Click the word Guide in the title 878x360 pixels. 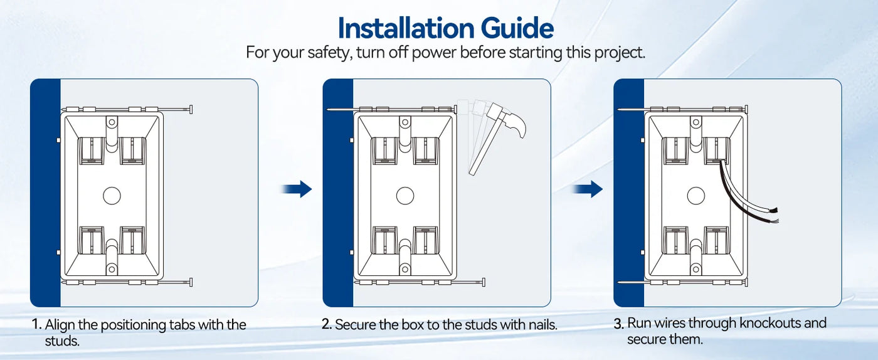point(517,28)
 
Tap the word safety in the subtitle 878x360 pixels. point(327,53)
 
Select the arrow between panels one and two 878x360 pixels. point(296,189)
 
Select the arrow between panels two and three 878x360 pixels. point(587,189)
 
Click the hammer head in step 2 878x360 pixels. point(507,119)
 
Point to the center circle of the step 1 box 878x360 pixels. point(112,195)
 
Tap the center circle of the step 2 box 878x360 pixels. point(405,195)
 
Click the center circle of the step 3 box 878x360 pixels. point(696,195)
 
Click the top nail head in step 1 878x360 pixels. point(191,109)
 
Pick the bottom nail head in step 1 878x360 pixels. point(191,282)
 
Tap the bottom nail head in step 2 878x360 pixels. point(484,282)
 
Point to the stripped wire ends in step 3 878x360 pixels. point(773,215)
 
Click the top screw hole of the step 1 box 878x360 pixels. point(112,122)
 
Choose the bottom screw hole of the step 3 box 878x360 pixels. point(696,270)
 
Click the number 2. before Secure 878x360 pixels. point(327,324)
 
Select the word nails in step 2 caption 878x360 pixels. point(543,325)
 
